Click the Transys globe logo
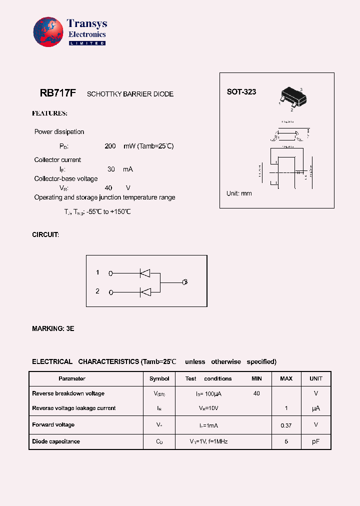[x=48, y=32]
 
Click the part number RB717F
[x=57, y=93]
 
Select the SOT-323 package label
[x=241, y=92]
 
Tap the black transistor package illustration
[x=291, y=97]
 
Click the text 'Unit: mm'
[x=239, y=193]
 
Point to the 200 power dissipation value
[x=110, y=146]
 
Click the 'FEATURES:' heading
[x=49, y=113]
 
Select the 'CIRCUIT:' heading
[x=45, y=234]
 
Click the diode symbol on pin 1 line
[x=145, y=273]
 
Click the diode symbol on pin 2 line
[x=145, y=292]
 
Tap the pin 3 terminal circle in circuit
[x=184, y=282]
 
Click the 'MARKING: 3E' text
[x=53, y=328]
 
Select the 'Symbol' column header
[x=159, y=378]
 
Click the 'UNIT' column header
[x=316, y=378]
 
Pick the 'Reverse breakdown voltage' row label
[x=68, y=393]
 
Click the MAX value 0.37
[x=286, y=425]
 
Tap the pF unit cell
[x=316, y=441]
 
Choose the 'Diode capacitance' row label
[x=56, y=441]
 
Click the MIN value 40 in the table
[x=256, y=393]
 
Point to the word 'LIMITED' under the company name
[x=86, y=43]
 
